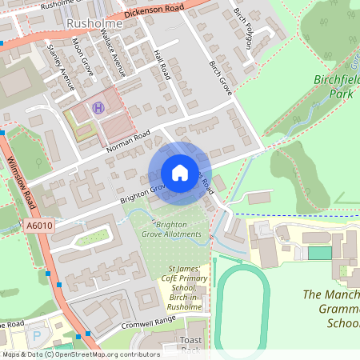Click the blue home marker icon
tap(180, 173)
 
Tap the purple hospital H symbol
tap(98, 108)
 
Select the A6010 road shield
tap(39, 226)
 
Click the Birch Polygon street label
tap(242, 30)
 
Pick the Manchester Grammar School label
tap(331, 309)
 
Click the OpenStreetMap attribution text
tap(80, 354)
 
